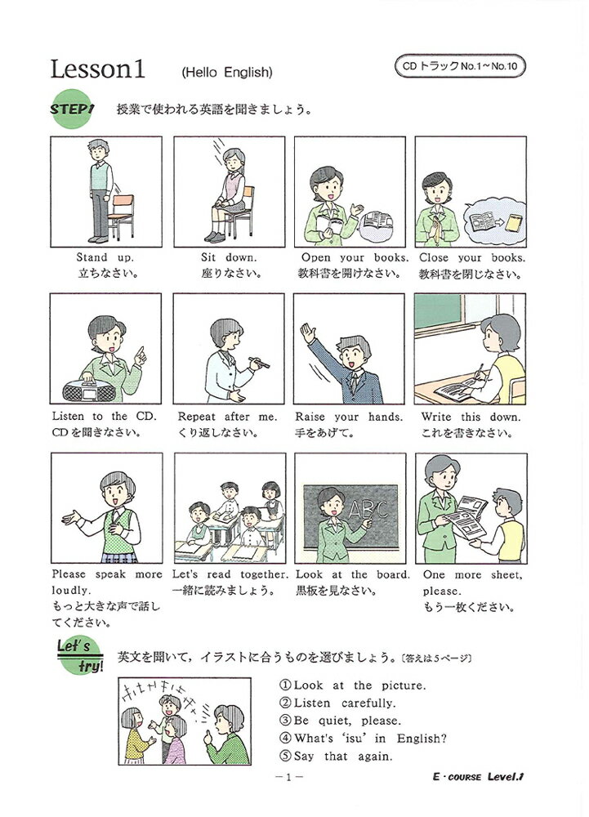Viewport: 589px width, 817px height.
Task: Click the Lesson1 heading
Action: tap(97, 69)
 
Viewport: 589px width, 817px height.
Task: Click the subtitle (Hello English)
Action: tap(226, 73)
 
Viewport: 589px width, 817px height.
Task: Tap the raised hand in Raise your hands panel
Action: tap(307, 333)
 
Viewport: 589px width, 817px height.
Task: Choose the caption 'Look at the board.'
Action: tap(352, 574)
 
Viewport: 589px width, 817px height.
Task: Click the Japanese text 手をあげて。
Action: tap(324, 433)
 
